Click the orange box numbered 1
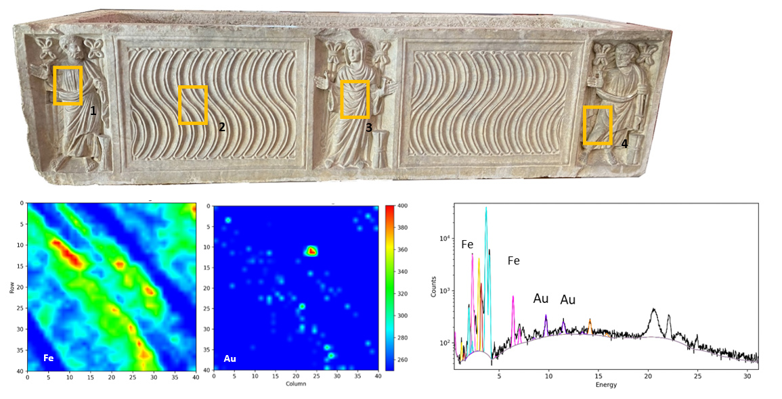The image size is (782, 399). point(68,85)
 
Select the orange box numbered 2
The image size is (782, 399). point(193,105)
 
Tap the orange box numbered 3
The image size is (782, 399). point(355,99)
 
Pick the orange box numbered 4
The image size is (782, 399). point(598,125)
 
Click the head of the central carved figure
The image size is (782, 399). point(353,51)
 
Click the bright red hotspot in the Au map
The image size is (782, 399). point(311,251)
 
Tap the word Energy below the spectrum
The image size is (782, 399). point(606,385)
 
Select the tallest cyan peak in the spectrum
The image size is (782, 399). point(486,209)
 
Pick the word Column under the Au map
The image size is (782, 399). point(296,383)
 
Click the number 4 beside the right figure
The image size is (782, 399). point(624,144)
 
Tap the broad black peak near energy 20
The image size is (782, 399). point(653,311)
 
